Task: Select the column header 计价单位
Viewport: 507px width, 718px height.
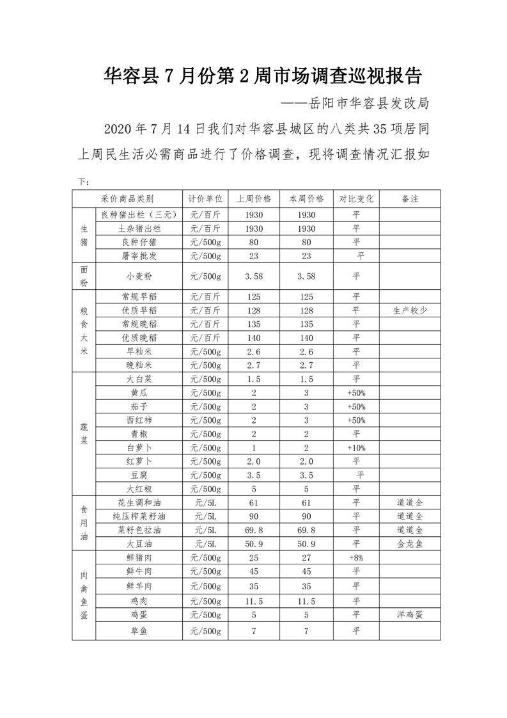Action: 205,198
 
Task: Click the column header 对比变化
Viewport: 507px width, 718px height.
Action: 356,198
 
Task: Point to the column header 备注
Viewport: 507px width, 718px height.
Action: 410,198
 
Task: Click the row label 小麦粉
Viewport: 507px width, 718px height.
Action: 139,276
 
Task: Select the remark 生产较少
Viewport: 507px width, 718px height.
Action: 410,310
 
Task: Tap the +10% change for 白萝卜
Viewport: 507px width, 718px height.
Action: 356,448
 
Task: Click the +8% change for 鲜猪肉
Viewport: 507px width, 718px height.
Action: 356,557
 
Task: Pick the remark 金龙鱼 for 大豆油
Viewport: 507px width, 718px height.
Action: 410,543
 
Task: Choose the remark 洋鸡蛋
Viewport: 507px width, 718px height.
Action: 410,614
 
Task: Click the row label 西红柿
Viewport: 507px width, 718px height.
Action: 139,420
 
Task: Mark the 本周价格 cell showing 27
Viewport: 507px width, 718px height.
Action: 306,557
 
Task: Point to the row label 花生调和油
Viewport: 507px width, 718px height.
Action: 139,502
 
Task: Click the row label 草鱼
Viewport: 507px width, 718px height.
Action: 139,631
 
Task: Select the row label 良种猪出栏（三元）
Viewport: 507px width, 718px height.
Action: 139,214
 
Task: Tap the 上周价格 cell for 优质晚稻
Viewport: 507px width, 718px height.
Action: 254,338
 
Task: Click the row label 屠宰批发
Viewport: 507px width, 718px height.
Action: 139,256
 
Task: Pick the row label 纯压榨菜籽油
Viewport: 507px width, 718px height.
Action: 139,516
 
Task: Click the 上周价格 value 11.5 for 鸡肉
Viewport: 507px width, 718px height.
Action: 254,601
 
